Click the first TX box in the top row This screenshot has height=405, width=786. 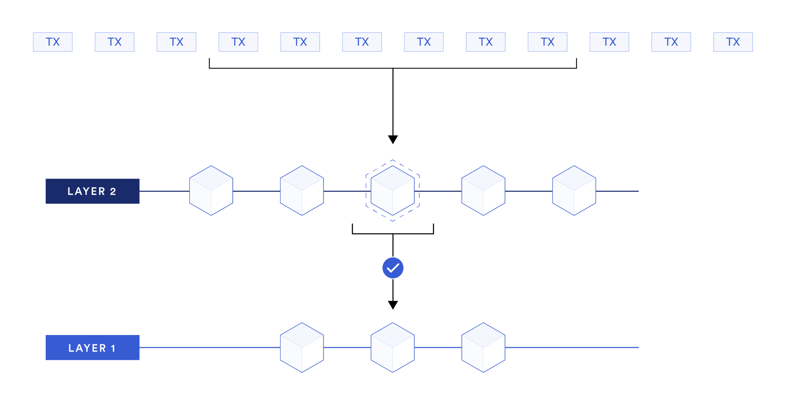tap(53, 42)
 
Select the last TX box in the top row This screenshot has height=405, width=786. tap(733, 42)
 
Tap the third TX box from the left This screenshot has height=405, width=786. tap(176, 42)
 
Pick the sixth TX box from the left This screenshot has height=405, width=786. tap(362, 42)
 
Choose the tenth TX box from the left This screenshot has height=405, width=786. tap(609, 42)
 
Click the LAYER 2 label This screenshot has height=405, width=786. tap(92, 191)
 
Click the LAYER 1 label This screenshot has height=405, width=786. tap(92, 347)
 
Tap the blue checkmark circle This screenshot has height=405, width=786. tap(393, 268)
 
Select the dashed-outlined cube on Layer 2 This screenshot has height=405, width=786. tap(393, 190)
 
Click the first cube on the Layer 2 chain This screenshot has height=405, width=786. tap(211, 190)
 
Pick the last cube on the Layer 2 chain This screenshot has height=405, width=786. tap(574, 190)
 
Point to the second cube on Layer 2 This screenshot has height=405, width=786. tap(302, 190)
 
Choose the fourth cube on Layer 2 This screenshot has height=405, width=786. tap(483, 190)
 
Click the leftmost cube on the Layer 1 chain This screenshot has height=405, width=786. tap(302, 347)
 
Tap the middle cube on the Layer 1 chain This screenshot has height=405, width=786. tap(393, 347)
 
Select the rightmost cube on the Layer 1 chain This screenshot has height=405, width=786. tap(483, 347)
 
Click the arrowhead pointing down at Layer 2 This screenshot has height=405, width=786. tap(393, 139)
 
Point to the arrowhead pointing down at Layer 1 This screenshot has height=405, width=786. tap(393, 305)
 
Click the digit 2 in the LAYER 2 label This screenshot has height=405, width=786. tap(113, 191)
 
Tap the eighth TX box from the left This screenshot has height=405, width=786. tap(485, 42)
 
